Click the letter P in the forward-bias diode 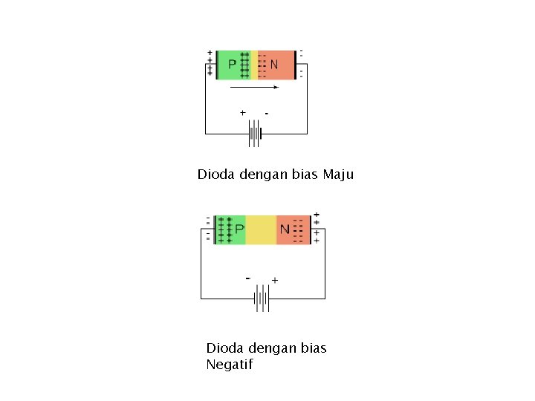[x=232, y=65]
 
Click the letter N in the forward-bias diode [x=274, y=65]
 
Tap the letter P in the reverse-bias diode [x=239, y=230]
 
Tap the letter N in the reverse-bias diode [x=285, y=230]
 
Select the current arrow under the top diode [x=254, y=87]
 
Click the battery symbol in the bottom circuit [x=262, y=299]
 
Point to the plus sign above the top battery [x=242, y=113]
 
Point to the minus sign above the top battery [x=266, y=114]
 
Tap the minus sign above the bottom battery [x=247, y=278]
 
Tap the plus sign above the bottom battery [x=275, y=281]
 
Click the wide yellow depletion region [x=260, y=230]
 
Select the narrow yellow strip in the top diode [x=254, y=65]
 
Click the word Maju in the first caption [x=338, y=175]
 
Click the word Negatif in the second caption [x=230, y=365]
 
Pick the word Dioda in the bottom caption [x=223, y=348]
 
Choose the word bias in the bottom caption [x=314, y=348]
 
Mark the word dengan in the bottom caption [x=270, y=349]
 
